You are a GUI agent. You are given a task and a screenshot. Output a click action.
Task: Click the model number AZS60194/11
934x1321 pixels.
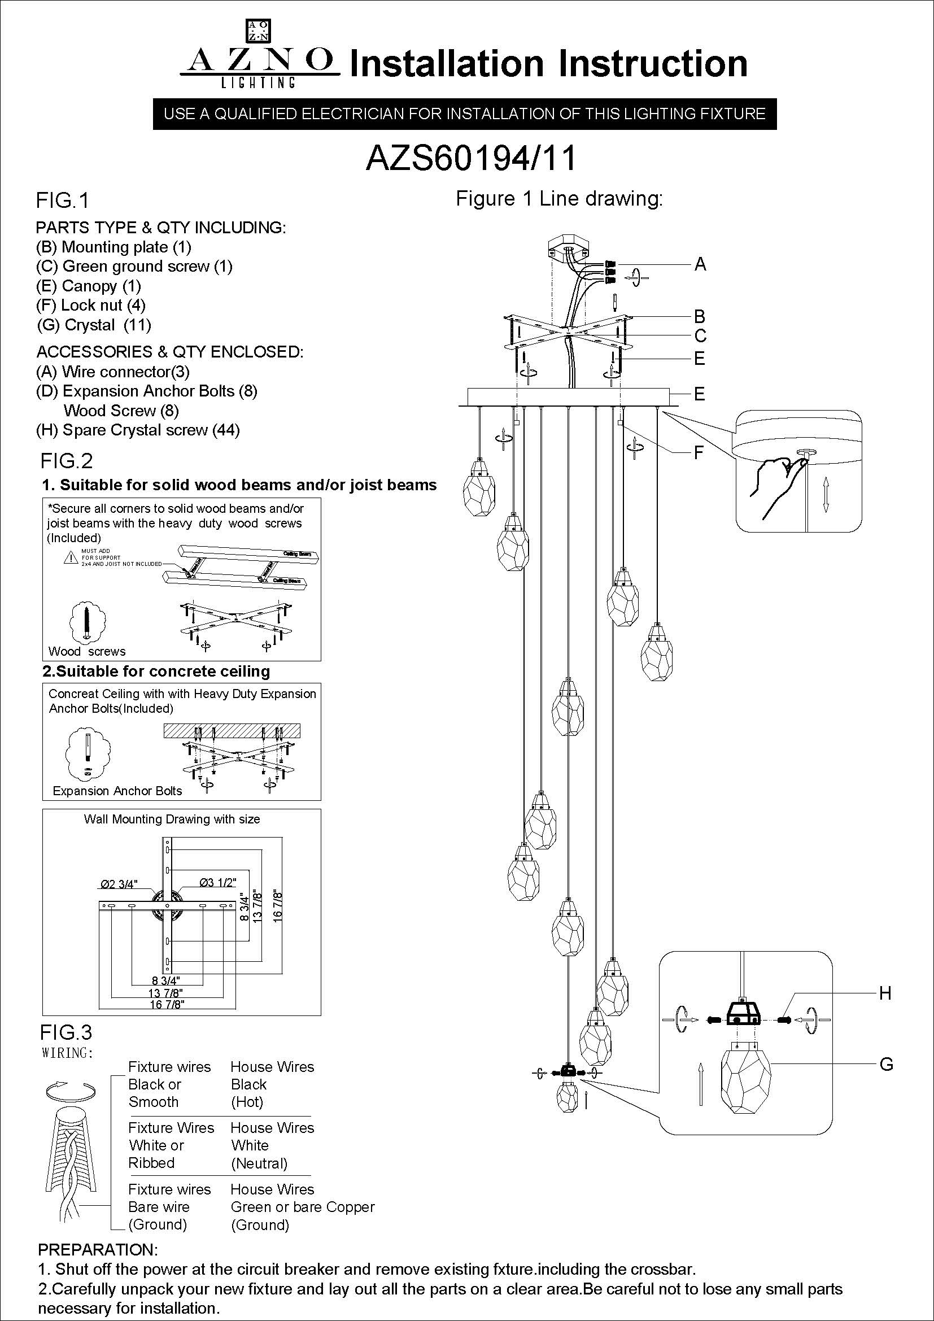click(x=470, y=158)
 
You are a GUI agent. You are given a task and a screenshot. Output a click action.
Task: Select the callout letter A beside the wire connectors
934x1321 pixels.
click(x=700, y=264)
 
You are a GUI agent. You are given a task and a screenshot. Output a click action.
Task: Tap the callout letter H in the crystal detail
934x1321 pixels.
click(x=885, y=993)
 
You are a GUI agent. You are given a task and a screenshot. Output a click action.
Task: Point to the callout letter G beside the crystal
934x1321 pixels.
click(x=886, y=1065)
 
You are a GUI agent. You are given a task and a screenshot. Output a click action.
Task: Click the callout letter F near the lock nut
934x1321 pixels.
click(x=699, y=454)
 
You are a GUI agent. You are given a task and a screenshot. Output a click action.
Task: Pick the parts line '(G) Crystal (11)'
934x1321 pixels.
click(x=94, y=325)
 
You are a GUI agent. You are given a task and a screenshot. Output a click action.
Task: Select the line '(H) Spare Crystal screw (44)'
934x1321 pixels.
click(x=138, y=430)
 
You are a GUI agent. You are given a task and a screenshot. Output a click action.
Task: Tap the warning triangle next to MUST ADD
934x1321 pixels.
click(x=71, y=557)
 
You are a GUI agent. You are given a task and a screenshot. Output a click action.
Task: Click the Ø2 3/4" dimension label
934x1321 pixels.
click(x=119, y=884)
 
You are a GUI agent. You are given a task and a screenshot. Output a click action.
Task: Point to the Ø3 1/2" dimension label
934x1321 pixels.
click(x=217, y=883)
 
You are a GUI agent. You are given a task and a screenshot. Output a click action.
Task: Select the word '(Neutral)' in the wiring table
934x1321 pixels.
click(x=259, y=1163)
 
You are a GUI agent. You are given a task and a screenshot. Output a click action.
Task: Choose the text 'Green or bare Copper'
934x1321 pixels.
click(x=303, y=1207)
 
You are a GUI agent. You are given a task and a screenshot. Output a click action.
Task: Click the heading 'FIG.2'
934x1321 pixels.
click(x=66, y=461)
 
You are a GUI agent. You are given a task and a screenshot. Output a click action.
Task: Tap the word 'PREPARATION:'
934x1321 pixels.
click(x=97, y=1250)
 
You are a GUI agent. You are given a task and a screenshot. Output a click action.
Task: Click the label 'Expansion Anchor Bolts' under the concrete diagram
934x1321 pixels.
click(x=117, y=791)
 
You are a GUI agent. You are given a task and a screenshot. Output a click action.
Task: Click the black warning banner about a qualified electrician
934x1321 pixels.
click(x=465, y=114)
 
